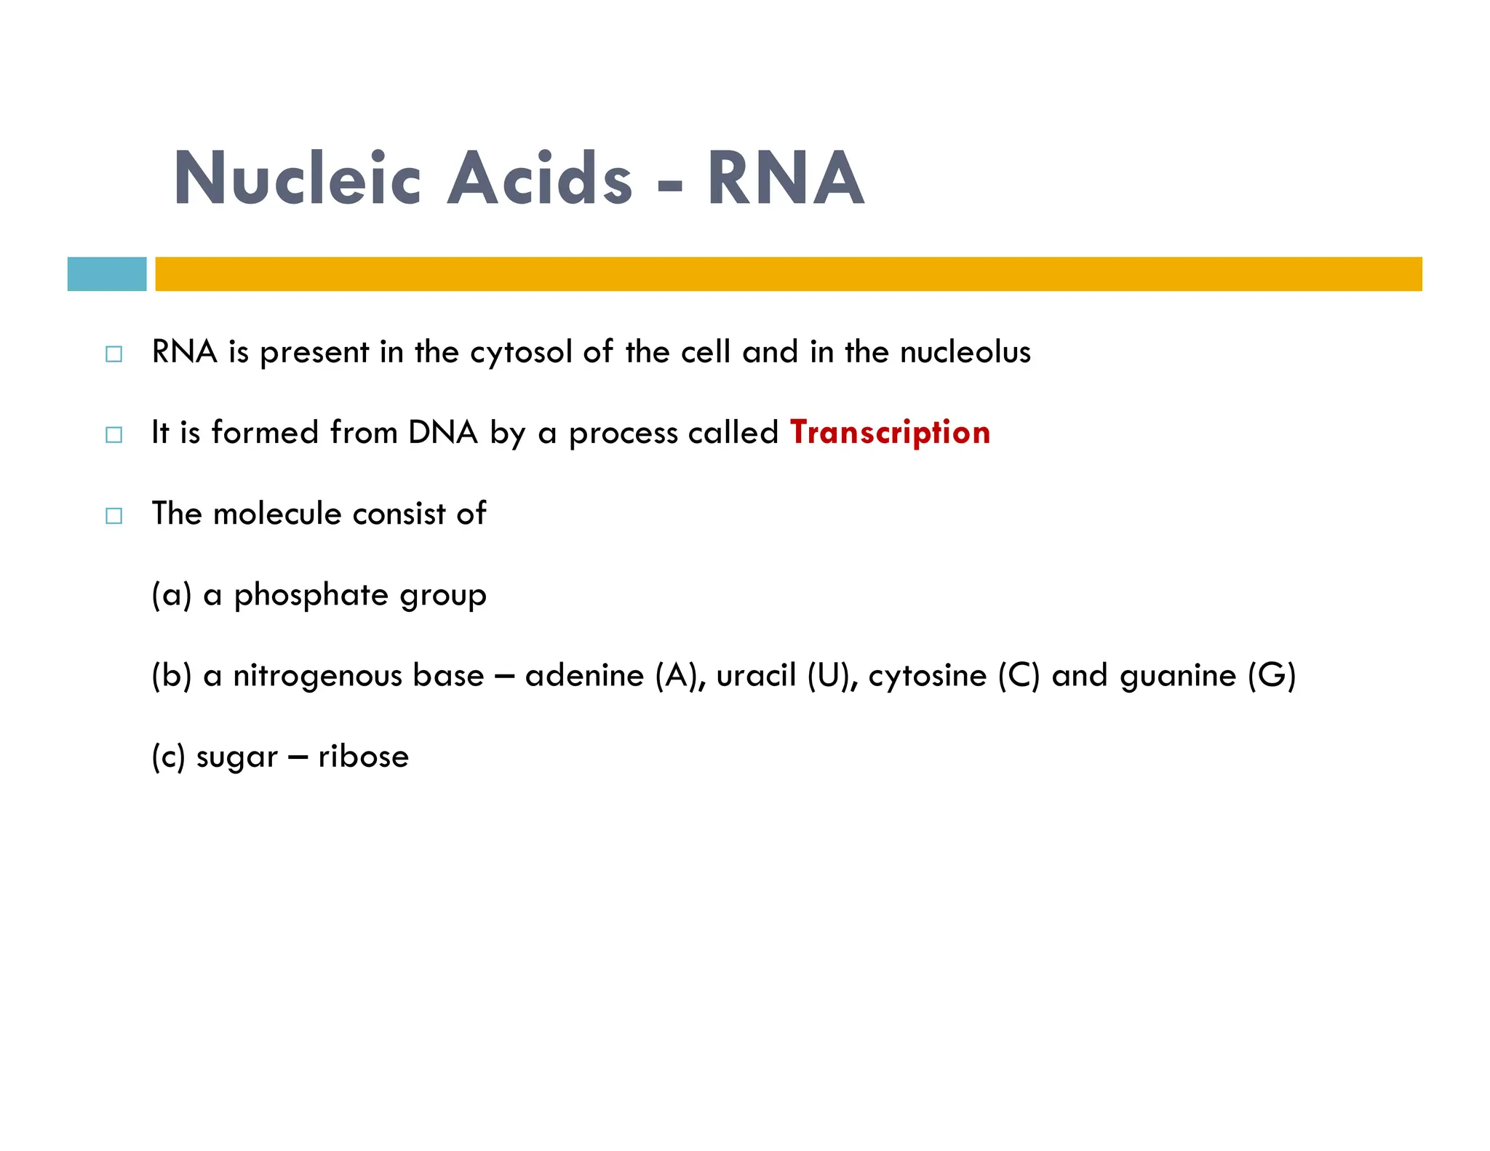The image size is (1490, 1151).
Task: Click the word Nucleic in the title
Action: [x=297, y=178]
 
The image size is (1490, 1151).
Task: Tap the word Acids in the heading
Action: [x=539, y=178]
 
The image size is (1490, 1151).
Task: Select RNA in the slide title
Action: [x=785, y=178]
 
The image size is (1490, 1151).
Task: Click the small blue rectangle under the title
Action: [x=107, y=274]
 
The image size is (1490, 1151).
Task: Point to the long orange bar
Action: [x=788, y=274]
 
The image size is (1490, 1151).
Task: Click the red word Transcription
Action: [x=890, y=432]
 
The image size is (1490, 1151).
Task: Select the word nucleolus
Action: [x=965, y=352]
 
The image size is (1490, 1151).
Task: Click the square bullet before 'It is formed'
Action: [x=114, y=435]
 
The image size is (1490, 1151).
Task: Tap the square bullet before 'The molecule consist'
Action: [x=114, y=516]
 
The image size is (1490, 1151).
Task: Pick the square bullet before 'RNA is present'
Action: [x=114, y=354]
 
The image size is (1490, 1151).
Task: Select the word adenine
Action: [x=584, y=676]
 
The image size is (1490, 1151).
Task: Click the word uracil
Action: [x=756, y=676]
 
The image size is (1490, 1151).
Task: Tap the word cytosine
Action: [x=927, y=676]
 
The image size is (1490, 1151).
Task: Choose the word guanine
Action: [x=1178, y=676]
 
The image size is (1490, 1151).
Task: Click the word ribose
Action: [x=364, y=757]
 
